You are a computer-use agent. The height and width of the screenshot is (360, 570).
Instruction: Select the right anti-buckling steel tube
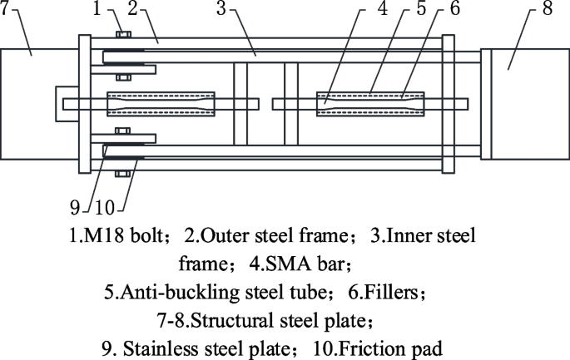coord(369,104)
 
